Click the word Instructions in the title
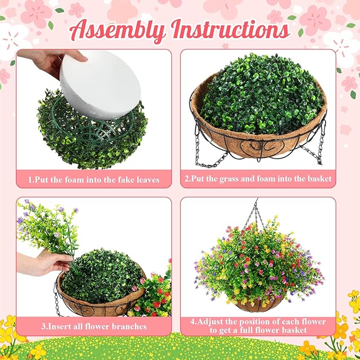click(231, 30)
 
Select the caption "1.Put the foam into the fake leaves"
click(94, 179)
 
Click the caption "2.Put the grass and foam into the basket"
click(258, 179)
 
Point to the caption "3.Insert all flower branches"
click(94, 326)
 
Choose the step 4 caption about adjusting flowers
click(258, 326)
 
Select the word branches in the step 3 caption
click(128, 326)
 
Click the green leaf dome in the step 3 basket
click(102, 276)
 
